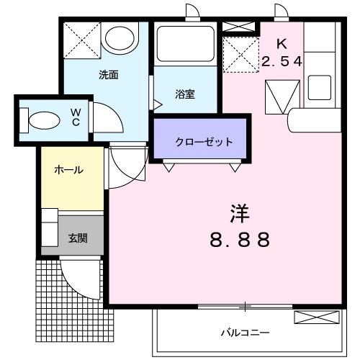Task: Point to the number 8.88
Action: pos(240,240)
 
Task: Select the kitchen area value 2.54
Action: pos(282,62)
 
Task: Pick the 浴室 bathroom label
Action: pos(185,94)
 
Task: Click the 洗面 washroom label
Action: pos(109,75)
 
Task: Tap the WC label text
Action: pos(75,117)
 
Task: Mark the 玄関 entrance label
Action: pos(77,237)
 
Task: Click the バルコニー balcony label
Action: pos(245,333)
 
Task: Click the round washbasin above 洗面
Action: pos(119,37)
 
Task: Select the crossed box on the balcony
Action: pos(315,318)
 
